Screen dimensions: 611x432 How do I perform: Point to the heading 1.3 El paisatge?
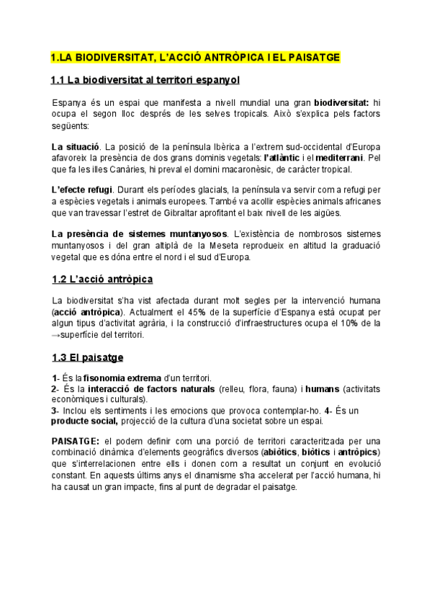point(87,357)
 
